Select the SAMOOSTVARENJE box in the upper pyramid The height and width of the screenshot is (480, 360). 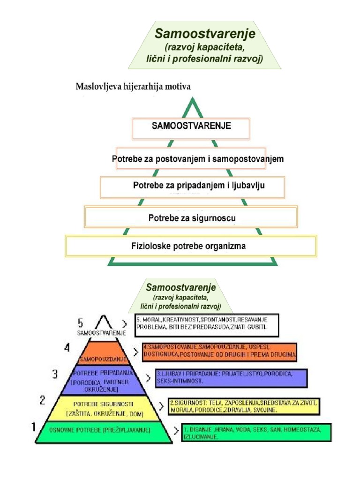click(191, 128)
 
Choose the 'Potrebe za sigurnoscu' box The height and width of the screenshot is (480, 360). click(191, 217)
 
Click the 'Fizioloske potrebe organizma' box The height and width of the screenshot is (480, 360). click(191, 246)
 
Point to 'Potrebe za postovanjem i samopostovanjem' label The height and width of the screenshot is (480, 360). click(198, 159)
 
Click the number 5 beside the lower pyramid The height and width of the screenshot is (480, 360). click(81, 323)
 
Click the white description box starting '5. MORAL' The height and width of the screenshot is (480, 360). click(206, 325)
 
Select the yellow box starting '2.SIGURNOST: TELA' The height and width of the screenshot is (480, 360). click(244, 406)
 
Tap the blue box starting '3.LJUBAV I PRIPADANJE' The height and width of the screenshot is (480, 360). click(231, 378)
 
